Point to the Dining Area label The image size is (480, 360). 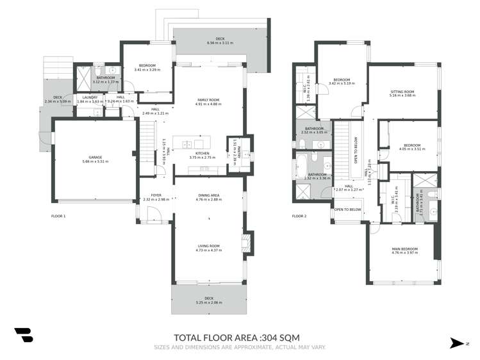(x=208, y=195)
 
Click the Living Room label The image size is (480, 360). (x=208, y=246)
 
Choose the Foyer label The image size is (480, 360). (x=156, y=195)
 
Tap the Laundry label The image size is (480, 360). (x=90, y=97)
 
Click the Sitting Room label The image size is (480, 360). (x=402, y=92)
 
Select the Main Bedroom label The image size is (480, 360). (x=404, y=249)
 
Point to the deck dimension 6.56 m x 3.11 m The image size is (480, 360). (x=220, y=43)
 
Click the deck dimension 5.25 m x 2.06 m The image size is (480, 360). (x=208, y=301)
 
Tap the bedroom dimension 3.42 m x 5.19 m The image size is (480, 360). (x=341, y=83)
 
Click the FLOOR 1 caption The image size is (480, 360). (x=58, y=217)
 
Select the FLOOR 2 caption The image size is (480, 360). (x=299, y=217)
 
